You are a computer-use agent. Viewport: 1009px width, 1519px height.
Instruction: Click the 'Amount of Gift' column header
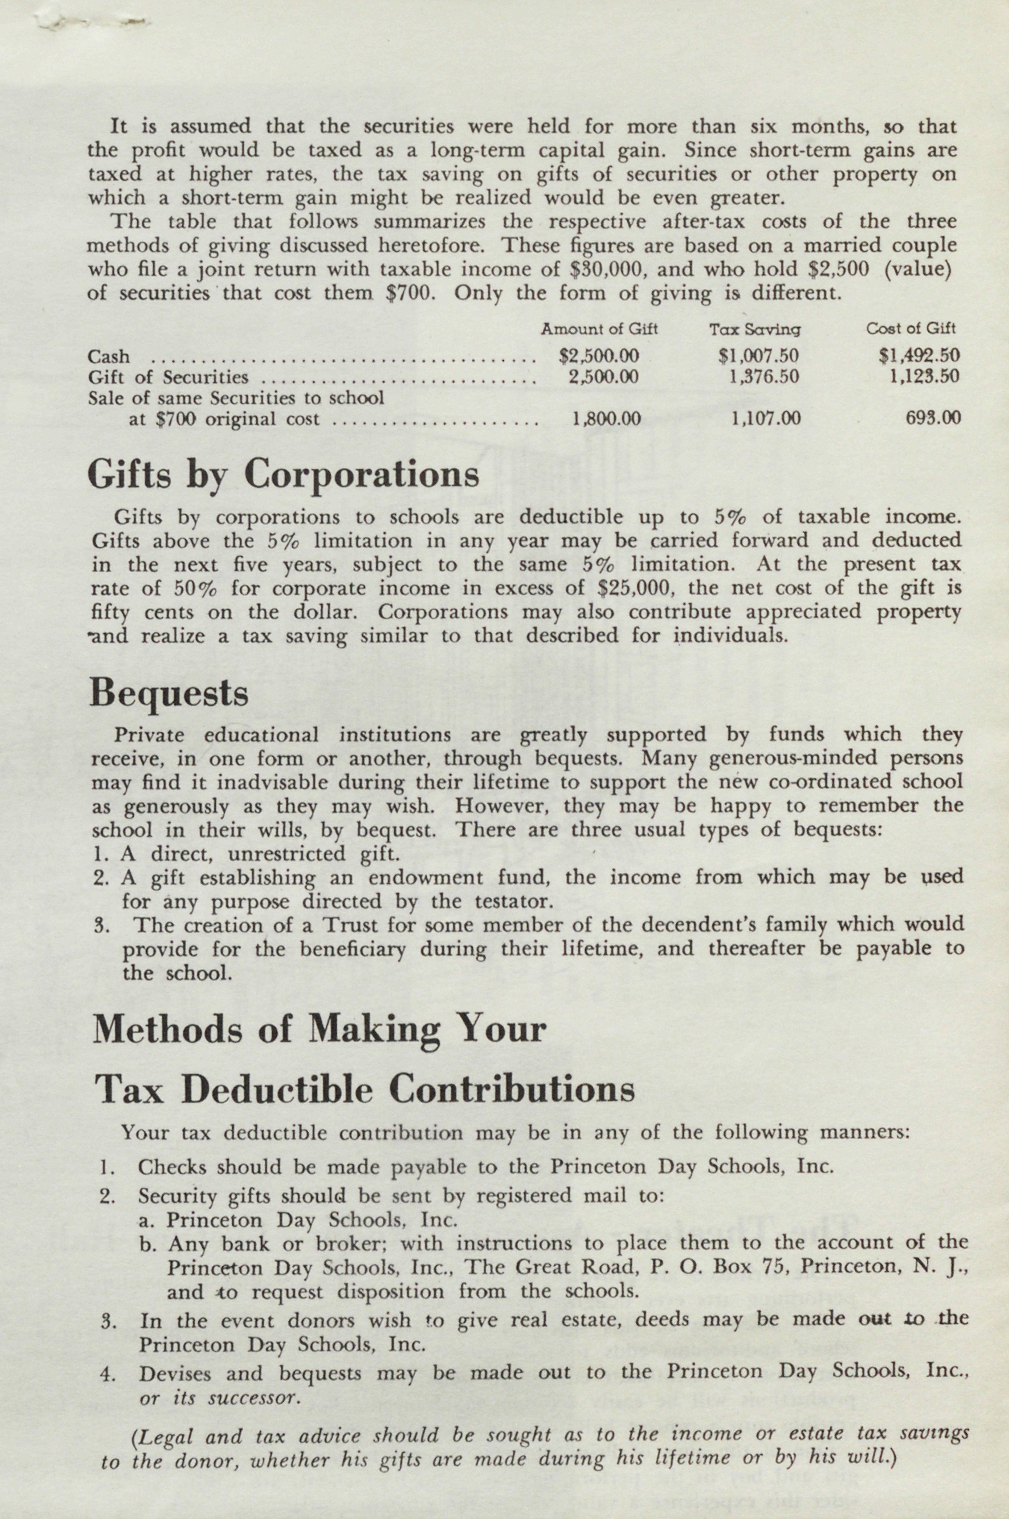[599, 329]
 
